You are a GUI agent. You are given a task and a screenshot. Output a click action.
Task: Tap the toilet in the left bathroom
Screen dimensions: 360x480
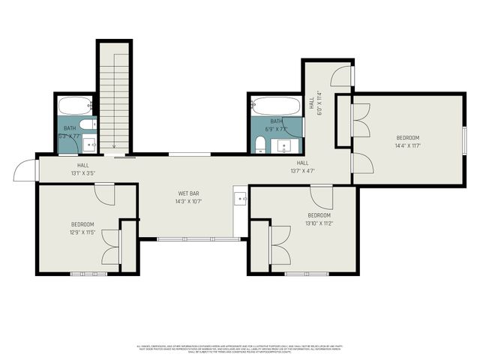pyautogui.click(x=88, y=124)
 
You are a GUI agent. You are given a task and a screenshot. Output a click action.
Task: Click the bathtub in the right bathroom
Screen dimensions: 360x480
pyautogui.click(x=276, y=105)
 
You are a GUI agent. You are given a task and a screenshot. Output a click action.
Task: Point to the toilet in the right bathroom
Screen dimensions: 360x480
pyautogui.click(x=259, y=142)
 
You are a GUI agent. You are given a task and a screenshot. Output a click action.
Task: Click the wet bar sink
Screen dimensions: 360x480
pyautogui.click(x=240, y=199)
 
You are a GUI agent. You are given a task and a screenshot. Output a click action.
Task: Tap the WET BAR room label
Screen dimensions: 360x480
pyautogui.click(x=188, y=193)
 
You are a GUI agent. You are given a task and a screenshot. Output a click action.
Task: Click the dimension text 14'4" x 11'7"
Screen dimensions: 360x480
pyautogui.click(x=408, y=146)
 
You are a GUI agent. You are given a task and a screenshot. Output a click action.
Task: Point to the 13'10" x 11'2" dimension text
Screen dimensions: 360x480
pyautogui.click(x=319, y=223)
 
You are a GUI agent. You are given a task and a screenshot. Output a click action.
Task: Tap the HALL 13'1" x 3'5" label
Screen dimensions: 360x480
pyautogui.click(x=82, y=169)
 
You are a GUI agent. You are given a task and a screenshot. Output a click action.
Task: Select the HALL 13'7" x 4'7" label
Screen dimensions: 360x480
pyautogui.click(x=302, y=166)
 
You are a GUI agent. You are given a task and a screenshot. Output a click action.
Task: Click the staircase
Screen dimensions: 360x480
pyautogui.click(x=114, y=97)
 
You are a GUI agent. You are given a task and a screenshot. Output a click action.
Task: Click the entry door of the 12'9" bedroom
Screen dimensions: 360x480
pyautogui.click(x=104, y=193)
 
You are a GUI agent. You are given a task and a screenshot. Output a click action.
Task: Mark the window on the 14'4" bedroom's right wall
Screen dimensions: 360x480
pyautogui.click(x=464, y=139)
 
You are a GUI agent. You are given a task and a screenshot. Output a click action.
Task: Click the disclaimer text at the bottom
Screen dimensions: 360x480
pyautogui.click(x=240, y=348)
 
